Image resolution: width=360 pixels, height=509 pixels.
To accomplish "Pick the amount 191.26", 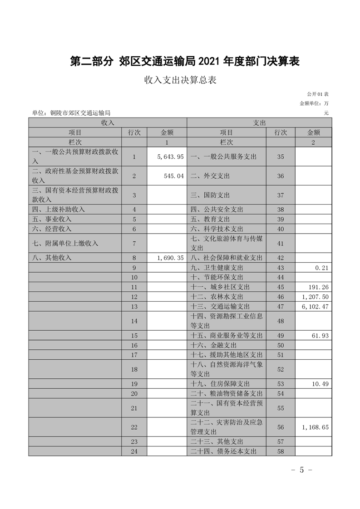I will [318, 287].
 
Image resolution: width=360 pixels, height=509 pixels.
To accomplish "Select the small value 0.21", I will [322, 268].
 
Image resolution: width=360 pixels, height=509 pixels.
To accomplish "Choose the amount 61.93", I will [320, 336].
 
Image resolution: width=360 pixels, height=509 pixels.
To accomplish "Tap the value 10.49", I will [320, 384].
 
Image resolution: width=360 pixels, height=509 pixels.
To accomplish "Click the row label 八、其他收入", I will [49, 258].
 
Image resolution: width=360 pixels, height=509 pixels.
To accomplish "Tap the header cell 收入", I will [108, 122].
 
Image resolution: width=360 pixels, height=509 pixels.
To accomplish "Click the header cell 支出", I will [259, 122].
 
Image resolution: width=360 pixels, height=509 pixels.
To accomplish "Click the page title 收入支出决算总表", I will [180, 81].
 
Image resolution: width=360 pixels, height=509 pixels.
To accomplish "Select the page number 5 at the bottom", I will [301, 470].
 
